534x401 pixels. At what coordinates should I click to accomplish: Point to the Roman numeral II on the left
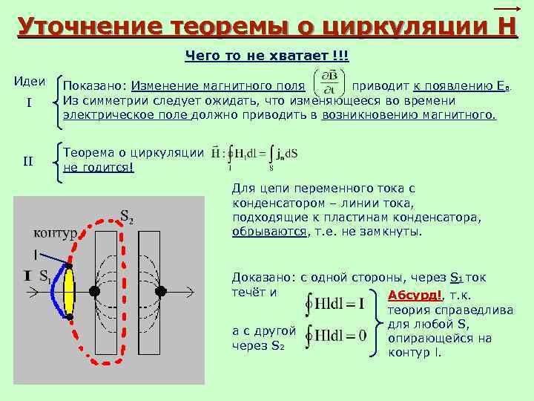click(28, 159)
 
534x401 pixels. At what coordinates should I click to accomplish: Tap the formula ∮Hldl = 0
click(335, 336)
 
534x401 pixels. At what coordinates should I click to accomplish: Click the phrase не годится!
click(99, 167)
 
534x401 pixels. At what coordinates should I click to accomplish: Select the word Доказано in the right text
click(263, 277)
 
